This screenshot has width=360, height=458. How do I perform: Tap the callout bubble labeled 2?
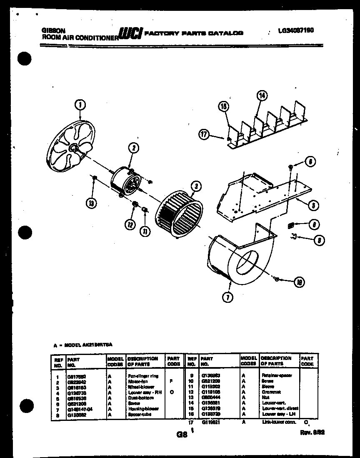click(133, 147)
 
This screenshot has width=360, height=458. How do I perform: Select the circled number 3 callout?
click(195, 186)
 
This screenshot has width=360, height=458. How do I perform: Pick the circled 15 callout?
click(224, 107)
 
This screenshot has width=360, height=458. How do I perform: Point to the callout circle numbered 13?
click(91, 204)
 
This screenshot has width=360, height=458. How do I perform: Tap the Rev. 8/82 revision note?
click(312, 433)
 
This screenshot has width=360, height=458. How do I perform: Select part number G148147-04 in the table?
click(80, 409)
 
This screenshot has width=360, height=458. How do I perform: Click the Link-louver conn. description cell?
click(279, 422)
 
